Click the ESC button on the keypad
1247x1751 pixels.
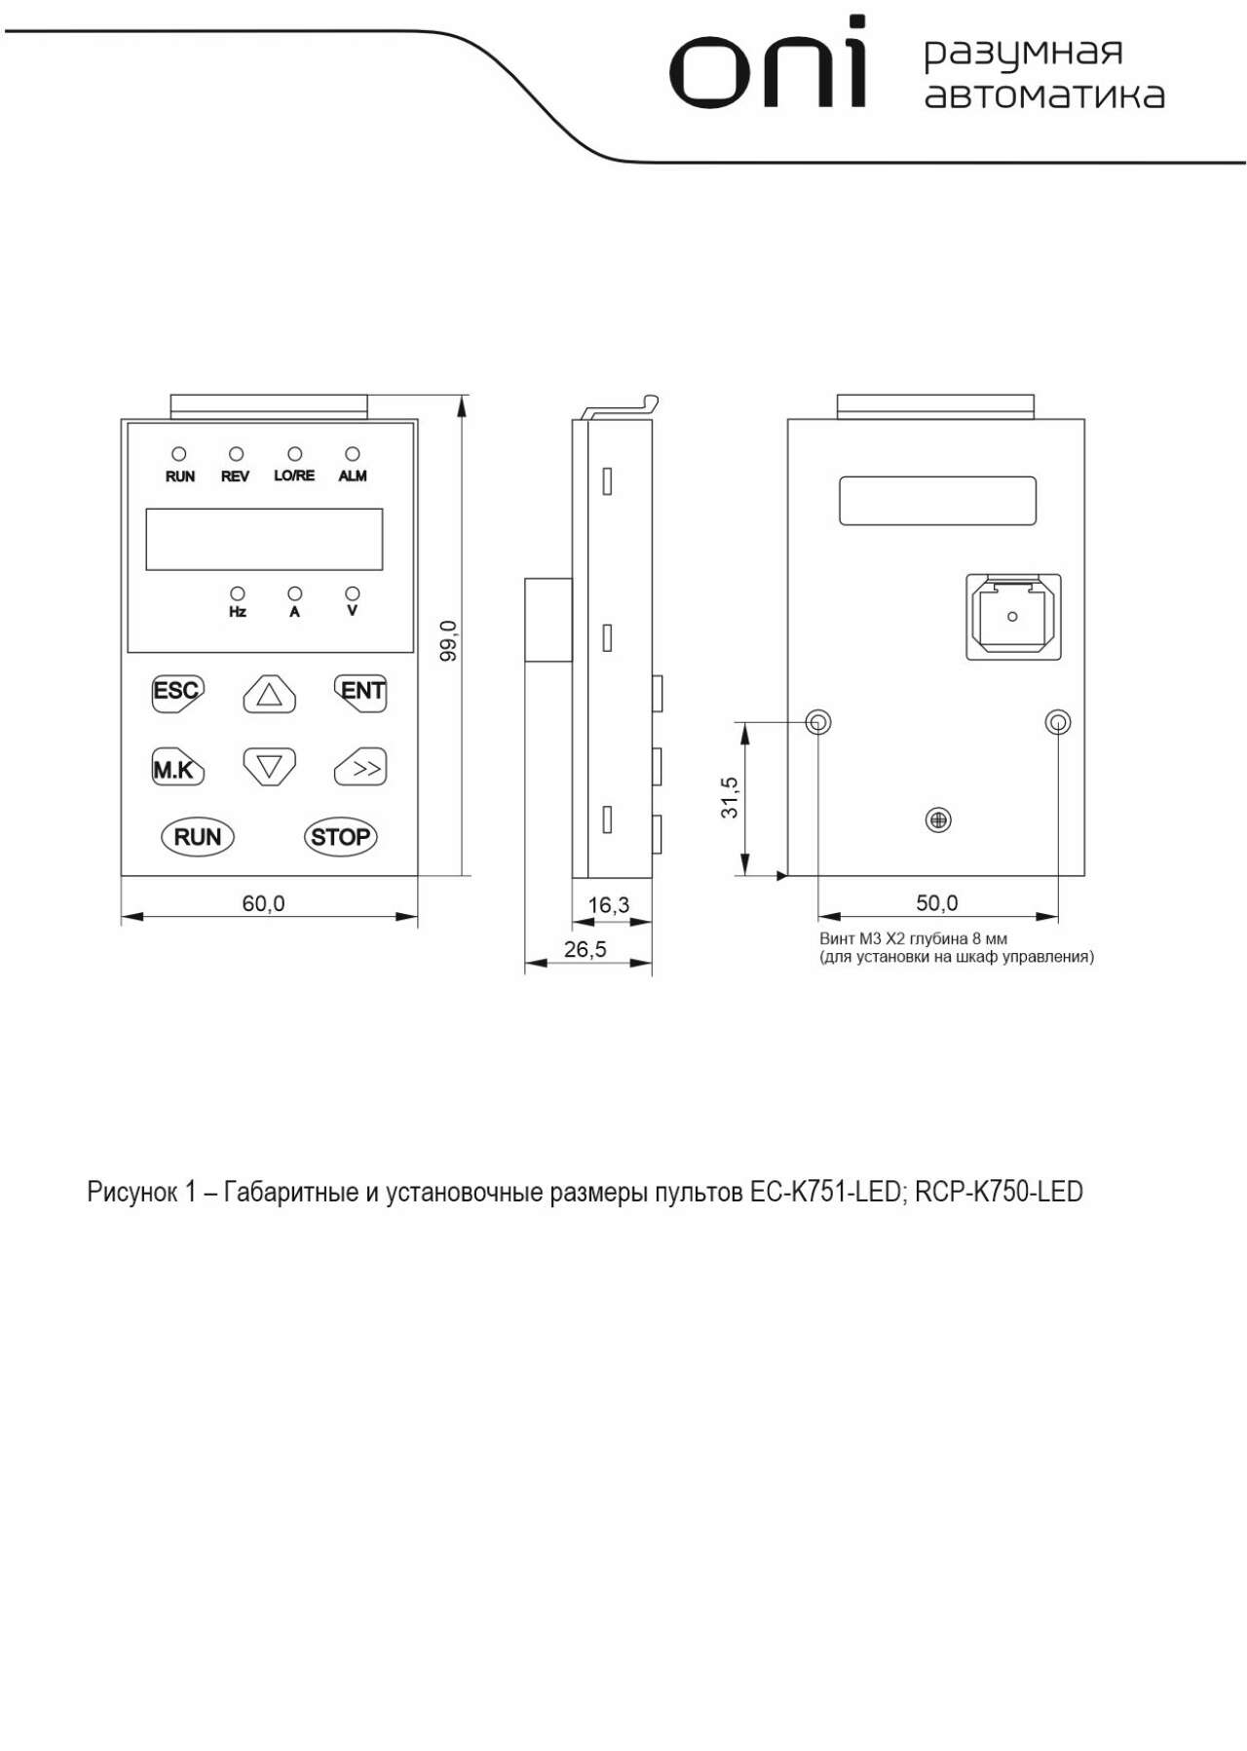[x=177, y=693]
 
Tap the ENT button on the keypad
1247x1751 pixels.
[x=361, y=693]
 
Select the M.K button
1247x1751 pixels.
[x=177, y=768]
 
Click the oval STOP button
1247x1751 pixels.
[x=340, y=837]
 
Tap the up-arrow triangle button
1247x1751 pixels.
[x=270, y=694]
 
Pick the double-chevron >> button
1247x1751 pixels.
[x=360, y=768]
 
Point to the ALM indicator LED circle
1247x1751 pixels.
[x=353, y=454]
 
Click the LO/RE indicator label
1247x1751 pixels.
[x=294, y=476]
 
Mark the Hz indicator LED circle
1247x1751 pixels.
[x=237, y=593]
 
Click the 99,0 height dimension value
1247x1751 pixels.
[x=448, y=641]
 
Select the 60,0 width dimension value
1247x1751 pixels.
[x=263, y=904]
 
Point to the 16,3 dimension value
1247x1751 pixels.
[x=609, y=905]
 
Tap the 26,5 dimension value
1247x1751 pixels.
[x=586, y=949]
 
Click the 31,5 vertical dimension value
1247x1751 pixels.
[x=729, y=798]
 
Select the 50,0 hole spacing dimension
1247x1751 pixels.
[x=937, y=903]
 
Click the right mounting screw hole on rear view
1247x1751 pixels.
[x=1058, y=722]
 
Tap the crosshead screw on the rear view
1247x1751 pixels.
[x=938, y=820]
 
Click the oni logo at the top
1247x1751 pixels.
[x=768, y=62]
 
